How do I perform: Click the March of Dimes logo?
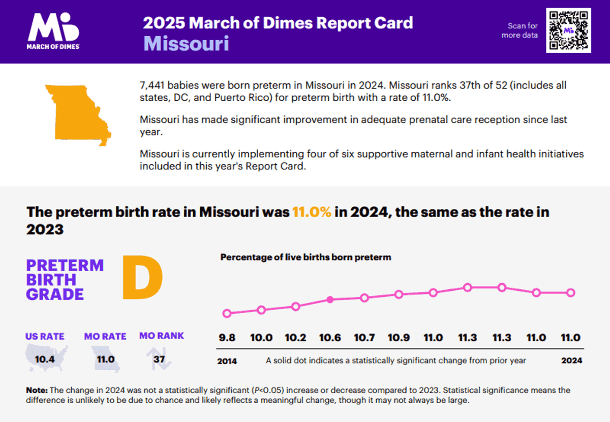click(52, 31)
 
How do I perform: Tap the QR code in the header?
click(568, 30)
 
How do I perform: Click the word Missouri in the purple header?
click(186, 44)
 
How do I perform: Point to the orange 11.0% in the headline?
click(312, 212)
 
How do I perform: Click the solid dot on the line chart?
click(330, 300)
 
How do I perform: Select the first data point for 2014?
click(227, 313)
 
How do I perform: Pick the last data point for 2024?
click(570, 292)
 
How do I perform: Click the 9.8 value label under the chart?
click(227, 338)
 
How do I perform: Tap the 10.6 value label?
click(330, 338)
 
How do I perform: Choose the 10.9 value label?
click(399, 338)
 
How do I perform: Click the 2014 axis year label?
click(227, 361)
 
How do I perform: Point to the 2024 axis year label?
click(571, 360)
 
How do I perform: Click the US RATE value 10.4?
click(45, 359)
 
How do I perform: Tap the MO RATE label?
click(105, 336)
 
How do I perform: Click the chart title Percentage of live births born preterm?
click(306, 257)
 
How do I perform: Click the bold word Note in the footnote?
click(37, 390)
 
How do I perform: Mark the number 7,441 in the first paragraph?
click(152, 85)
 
